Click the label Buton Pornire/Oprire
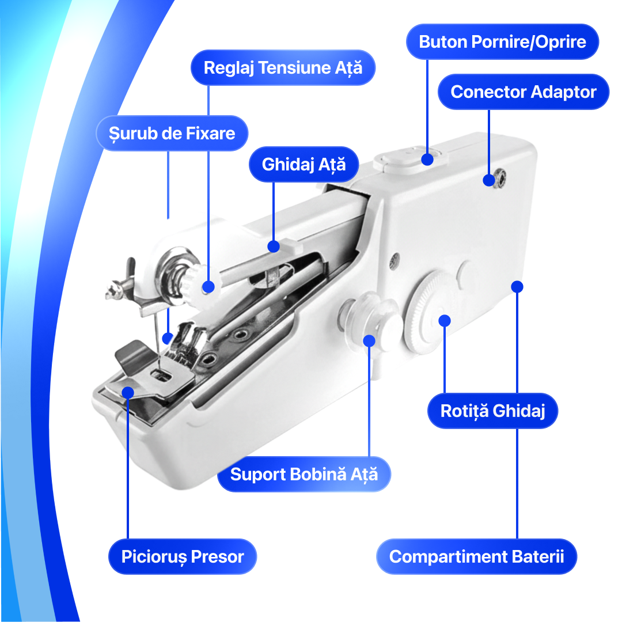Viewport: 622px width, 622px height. point(502,41)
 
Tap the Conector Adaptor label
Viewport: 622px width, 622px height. point(523,92)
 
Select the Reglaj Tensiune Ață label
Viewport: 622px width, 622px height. point(283,67)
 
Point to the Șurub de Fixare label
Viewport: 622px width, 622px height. point(172,133)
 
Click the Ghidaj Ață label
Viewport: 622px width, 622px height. point(304,164)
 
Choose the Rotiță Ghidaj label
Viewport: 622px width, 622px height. point(492,411)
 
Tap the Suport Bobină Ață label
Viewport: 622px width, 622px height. point(304,475)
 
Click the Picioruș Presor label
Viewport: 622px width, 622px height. point(183,556)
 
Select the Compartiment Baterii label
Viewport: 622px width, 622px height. point(476,556)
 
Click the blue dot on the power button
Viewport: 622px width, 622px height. point(427,160)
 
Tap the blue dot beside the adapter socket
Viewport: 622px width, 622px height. point(489,180)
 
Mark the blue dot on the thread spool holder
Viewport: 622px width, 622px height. point(369,341)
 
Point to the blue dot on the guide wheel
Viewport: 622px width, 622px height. point(445,321)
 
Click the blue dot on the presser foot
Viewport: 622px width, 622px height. point(128,393)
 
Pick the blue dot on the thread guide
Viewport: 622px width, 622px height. point(274,246)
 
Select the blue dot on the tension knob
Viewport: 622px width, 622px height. point(208,286)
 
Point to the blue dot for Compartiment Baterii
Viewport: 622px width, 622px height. point(517,286)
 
